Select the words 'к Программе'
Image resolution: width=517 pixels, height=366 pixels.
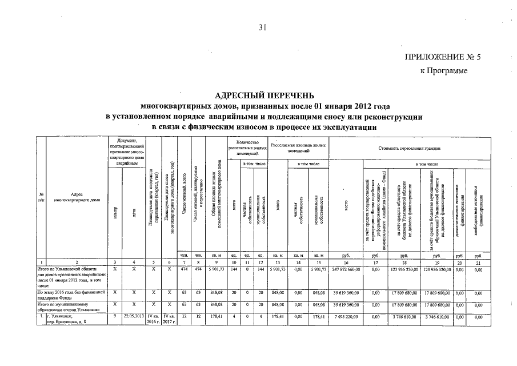[x=444, y=71]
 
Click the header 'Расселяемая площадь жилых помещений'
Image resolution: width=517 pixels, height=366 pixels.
[x=298, y=148]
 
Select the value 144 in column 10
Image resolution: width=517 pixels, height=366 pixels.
[x=234, y=268]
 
